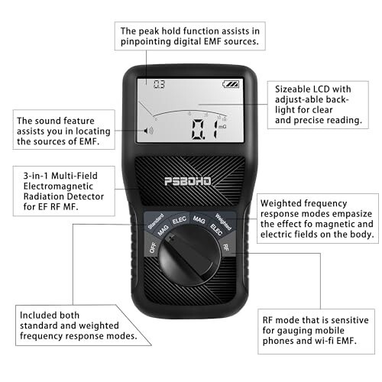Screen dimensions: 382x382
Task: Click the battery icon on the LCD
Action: pyautogui.click(x=231, y=84)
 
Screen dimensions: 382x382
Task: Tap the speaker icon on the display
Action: pyautogui.click(x=148, y=131)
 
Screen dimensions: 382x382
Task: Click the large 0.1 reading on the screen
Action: pyautogui.click(x=205, y=129)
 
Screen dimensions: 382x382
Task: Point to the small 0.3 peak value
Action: pyautogui.click(x=159, y=84)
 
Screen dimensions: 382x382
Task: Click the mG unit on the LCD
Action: pyautogui.click(x=222, y=126)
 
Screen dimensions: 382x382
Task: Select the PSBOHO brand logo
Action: pyautogui.click(x=188, y=181)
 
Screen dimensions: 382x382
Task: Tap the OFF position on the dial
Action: pyautogui.click(x=153, y=248)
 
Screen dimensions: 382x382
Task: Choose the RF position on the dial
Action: pyautogui.click(x=225, y=247)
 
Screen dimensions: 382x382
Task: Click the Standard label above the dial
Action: pyautogui.click(x=156, y=221)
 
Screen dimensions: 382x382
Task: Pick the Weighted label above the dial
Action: pyautogui.click(x=223, y=222)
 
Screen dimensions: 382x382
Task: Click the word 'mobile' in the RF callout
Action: pyautogui.click(x=331, y=330)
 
